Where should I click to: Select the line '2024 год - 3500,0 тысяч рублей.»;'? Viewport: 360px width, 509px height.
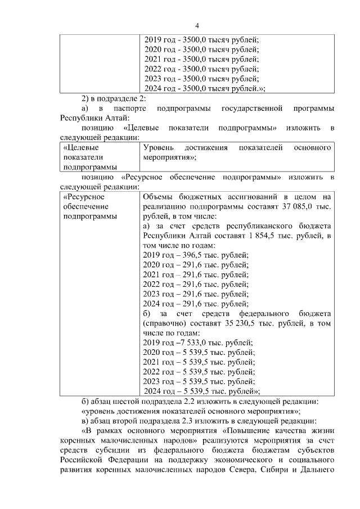(x=205, y=88)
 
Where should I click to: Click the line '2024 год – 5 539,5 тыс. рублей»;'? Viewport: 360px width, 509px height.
(x=202, y=391)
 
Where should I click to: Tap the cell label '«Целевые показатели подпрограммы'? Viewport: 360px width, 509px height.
(x=85, y=157)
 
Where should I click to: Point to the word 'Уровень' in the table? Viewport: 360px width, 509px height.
(x=159, y=147)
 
